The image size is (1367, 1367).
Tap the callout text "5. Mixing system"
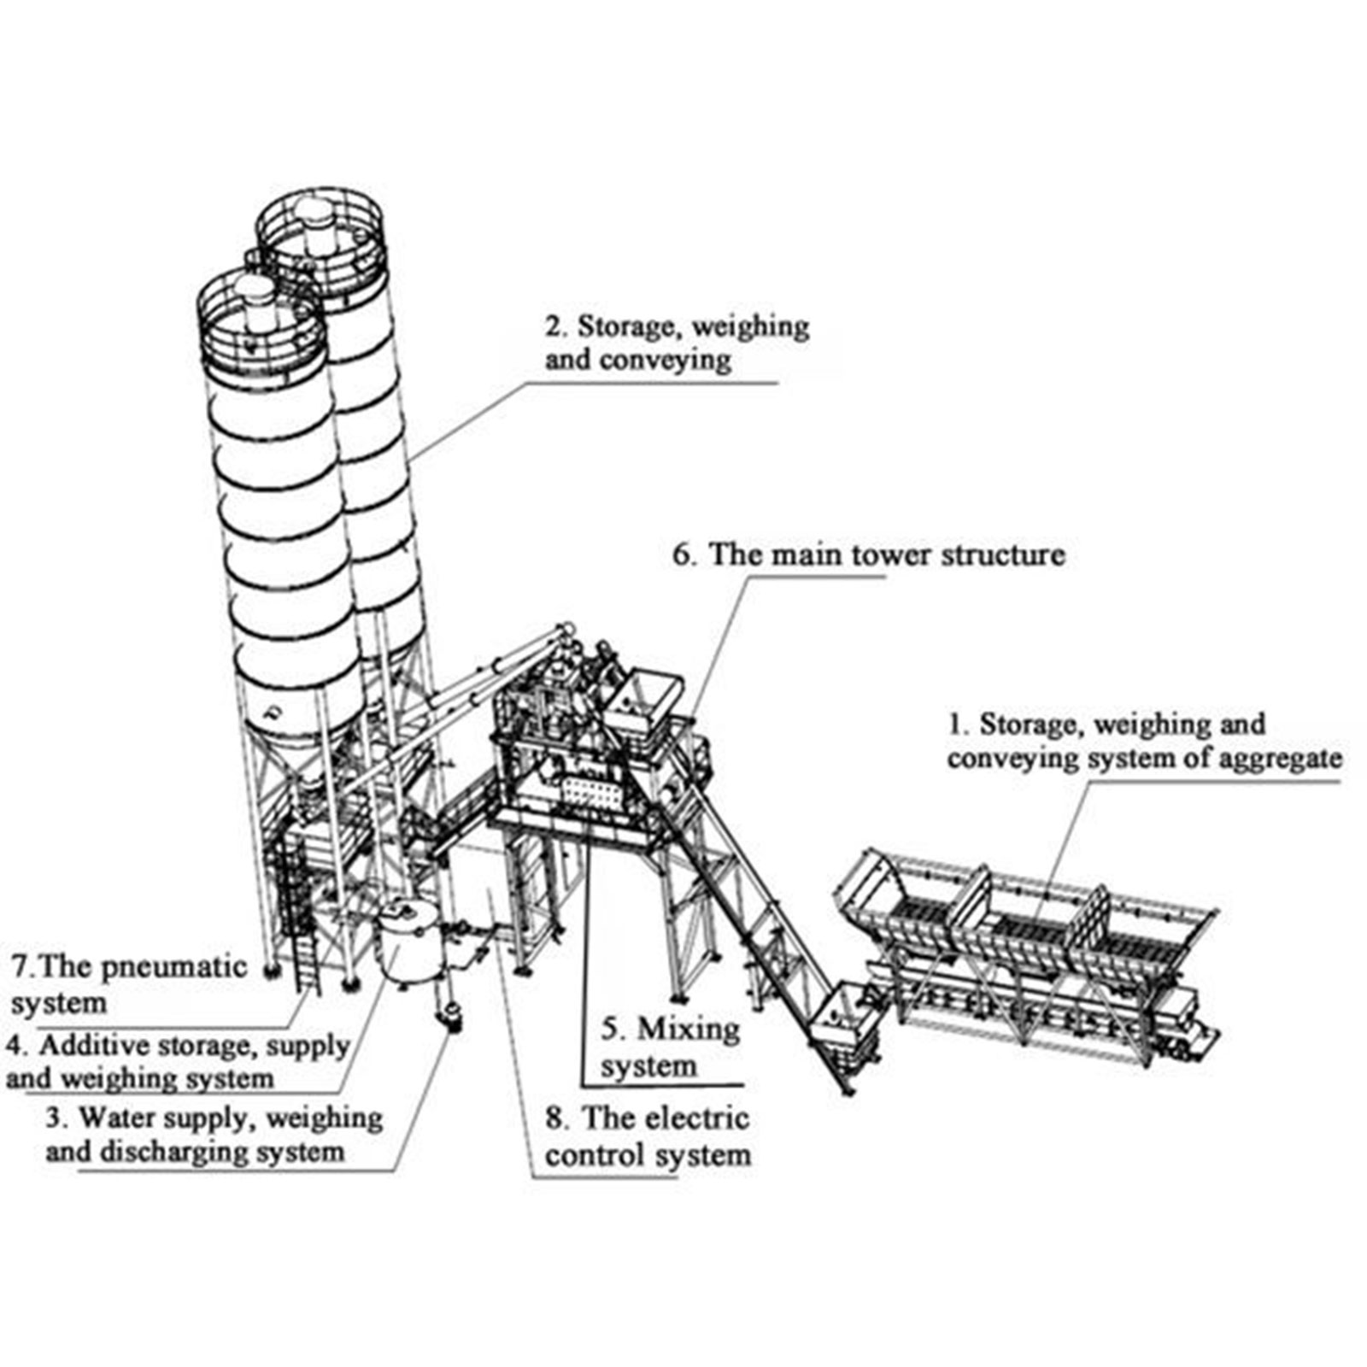pos(670,1047)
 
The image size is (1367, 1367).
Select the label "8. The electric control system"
pos(648,1137)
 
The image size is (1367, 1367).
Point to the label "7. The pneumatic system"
pos(128,984)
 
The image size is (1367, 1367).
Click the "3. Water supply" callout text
pos(214,1135)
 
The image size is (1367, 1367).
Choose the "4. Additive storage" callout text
pos(178,1062)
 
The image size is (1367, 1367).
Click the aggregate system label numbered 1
pos(1143,741)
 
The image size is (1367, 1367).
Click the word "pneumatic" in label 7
pos(174,967)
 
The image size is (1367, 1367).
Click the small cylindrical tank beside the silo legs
pos(408,944)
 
